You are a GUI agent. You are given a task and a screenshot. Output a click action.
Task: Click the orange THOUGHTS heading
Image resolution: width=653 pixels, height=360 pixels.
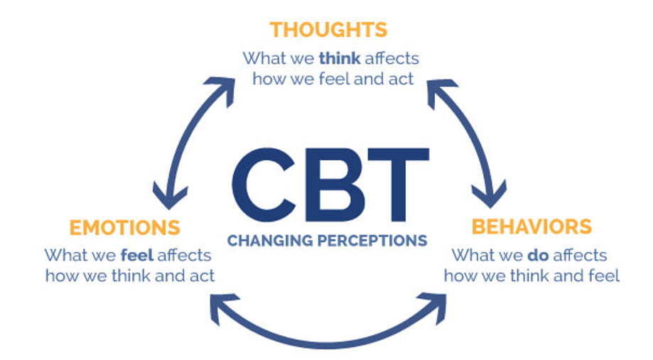328,30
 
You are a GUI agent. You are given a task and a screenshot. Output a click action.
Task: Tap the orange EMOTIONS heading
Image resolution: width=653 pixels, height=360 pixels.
124,228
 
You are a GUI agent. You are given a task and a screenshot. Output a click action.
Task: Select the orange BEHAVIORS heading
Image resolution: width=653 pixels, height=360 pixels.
531,227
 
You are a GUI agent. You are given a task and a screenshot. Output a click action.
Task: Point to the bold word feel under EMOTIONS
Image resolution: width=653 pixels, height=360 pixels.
139,254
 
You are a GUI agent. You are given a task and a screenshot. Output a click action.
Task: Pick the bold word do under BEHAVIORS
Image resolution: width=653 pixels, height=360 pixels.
536,254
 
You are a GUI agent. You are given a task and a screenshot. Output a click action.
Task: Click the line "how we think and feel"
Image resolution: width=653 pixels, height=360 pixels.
531,276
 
